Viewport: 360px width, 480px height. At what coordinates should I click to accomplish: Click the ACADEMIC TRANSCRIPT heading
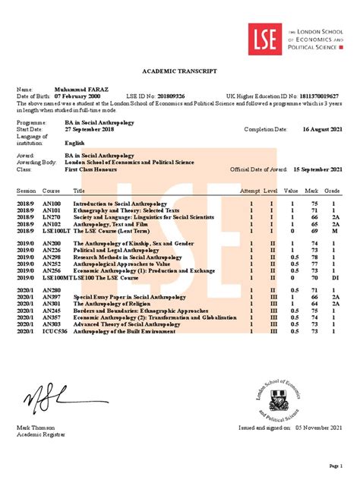tap(179, 70)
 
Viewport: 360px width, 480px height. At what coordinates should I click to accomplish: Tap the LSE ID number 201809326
tap(186, 96)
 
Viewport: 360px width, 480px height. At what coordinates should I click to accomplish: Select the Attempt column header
tap(250, 190)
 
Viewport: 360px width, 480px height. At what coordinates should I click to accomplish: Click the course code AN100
tap(51, 204)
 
